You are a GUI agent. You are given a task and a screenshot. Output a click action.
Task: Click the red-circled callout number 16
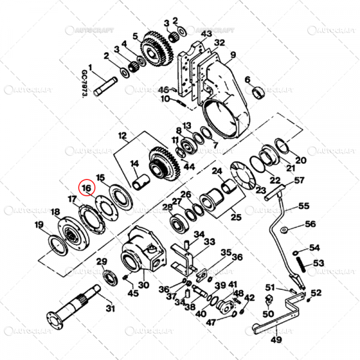coord(88,188)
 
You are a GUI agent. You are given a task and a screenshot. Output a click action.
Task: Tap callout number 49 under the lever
coord(276,340)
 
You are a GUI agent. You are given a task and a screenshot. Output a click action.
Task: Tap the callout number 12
coord(122,136)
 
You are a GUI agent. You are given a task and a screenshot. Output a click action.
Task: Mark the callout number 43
coord(207,32)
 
